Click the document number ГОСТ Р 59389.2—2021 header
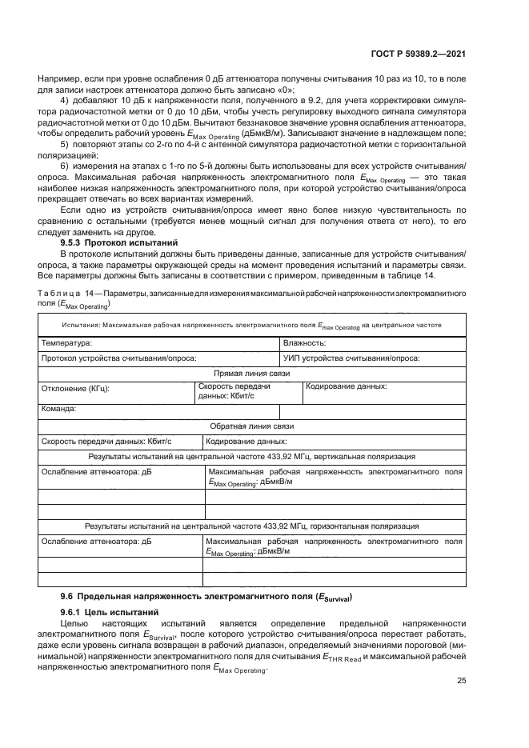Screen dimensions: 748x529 click(419, 54)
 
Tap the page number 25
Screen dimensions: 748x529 click(461, 681)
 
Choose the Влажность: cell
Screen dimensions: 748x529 click(304, 342)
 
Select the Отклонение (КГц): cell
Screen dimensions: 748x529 click(75, 390)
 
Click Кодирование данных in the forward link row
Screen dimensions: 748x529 click(347, 386)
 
